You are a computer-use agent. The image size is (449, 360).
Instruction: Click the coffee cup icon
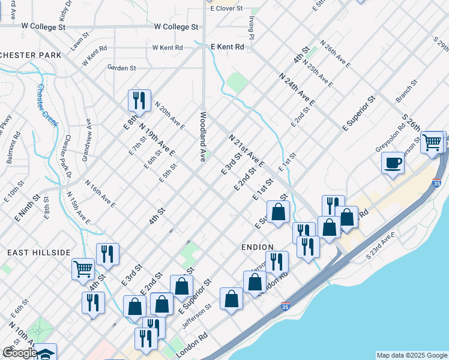coord(393,163)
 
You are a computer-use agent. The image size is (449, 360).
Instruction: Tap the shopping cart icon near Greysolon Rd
coord(432,143)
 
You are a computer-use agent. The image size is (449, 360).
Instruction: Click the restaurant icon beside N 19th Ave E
coord(139,100)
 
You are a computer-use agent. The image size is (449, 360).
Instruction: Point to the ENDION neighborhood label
coord(258,247)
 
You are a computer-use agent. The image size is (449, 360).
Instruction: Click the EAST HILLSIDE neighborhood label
coord(39,253)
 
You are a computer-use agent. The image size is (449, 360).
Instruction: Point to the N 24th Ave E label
coord(297,89)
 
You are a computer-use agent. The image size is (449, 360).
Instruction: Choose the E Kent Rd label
coord(228,46)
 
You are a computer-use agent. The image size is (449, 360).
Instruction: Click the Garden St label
coord(122,68)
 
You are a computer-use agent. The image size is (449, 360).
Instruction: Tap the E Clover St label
coord(226,8)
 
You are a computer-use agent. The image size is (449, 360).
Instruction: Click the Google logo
coord(20,353)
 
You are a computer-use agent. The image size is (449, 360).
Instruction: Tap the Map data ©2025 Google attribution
coord(411,355)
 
